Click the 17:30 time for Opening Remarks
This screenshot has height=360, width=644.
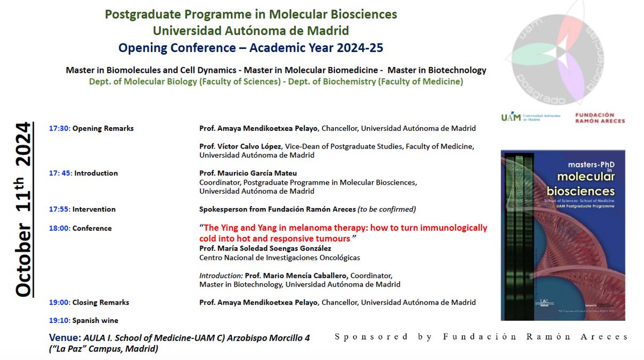point(59,128)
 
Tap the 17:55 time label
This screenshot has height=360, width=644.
point(59,209)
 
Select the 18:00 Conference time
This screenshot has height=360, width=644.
point(59,228)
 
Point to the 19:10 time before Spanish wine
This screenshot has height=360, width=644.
point(59,320)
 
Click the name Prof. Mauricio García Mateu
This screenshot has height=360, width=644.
point(247,173)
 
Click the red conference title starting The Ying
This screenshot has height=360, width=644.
point(343,233)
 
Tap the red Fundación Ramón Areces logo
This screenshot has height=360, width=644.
point(600,118)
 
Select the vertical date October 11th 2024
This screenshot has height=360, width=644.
point(23,209)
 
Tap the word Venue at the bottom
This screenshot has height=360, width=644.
point(64,338)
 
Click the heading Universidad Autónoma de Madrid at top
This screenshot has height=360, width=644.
point(251,31)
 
